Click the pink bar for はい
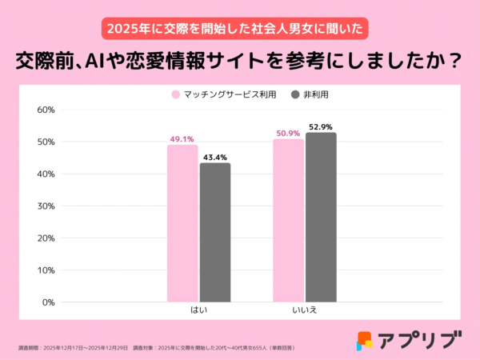[x=182, y=223]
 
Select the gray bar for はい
[x=214, y=232]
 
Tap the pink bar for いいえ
[x=288, y=220]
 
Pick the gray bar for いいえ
[x=321, y=217]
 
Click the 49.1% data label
[x=182, y=138]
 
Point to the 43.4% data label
[x=214, y=157]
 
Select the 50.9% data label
[x=288, y=133]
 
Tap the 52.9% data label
[x=321, y=126]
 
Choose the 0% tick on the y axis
[x=47, y=302]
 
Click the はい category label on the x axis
[x=198, y=310]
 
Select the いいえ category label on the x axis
[x=305, y=310]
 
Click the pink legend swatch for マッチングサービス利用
[x=174, y=94]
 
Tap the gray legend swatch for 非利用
[x=295, y=94]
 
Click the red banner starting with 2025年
[x=239, y=28]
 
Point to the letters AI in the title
[x=109, y=61]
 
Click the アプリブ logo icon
[x=365, y=339]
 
